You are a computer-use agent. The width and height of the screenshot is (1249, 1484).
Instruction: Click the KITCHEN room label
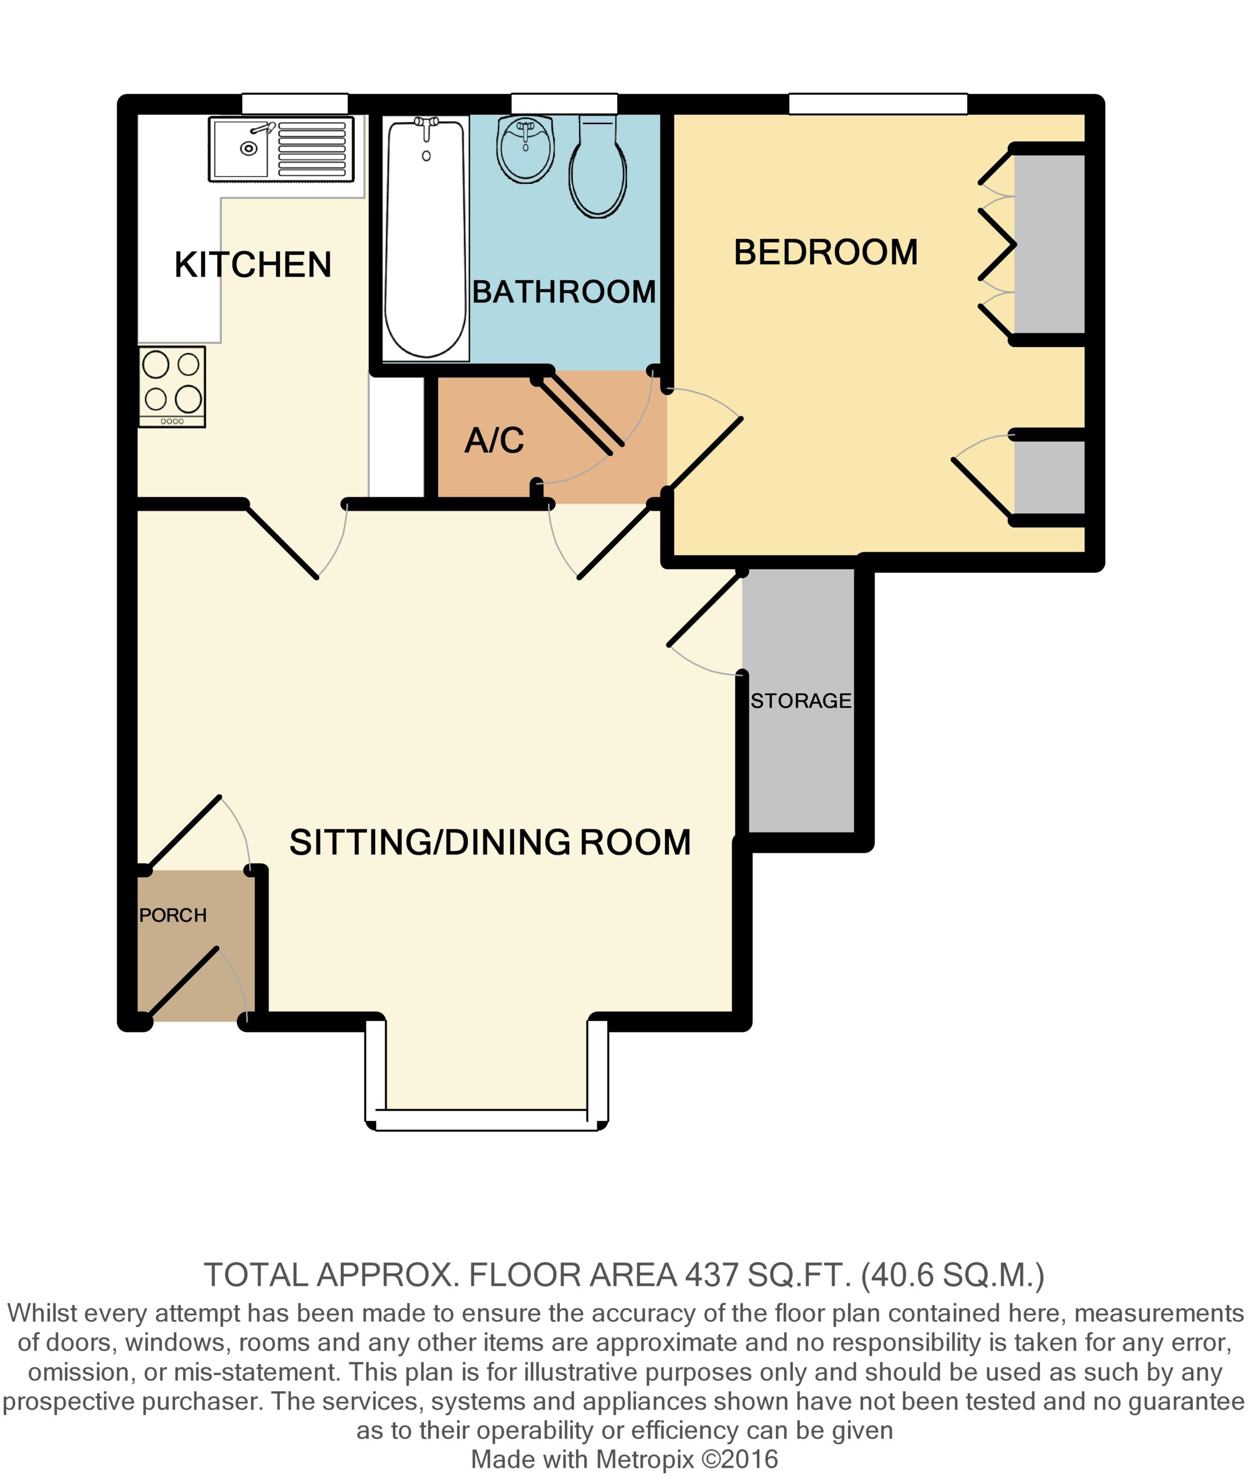pos(253,265)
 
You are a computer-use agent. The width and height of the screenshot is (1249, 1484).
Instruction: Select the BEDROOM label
pos(825,252)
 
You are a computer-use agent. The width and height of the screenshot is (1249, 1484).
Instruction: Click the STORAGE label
pos(801,701)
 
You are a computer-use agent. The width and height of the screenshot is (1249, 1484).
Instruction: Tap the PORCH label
pos(173,915)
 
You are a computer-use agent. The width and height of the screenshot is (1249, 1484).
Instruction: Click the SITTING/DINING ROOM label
pos(490,842)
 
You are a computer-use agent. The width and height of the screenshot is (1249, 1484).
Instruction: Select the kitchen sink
pos(281,150)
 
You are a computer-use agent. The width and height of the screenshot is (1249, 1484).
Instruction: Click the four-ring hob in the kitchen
pos(172,387)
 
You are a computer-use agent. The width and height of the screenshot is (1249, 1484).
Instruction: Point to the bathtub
pos(425,239)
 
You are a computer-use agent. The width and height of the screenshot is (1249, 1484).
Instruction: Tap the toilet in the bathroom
pos(598,166)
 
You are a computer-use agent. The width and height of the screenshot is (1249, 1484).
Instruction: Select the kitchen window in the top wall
pos(294,103)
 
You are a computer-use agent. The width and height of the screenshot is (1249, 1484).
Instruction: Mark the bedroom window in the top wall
pos(878,103)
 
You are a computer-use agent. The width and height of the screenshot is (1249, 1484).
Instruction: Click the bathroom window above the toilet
pos(565,103)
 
